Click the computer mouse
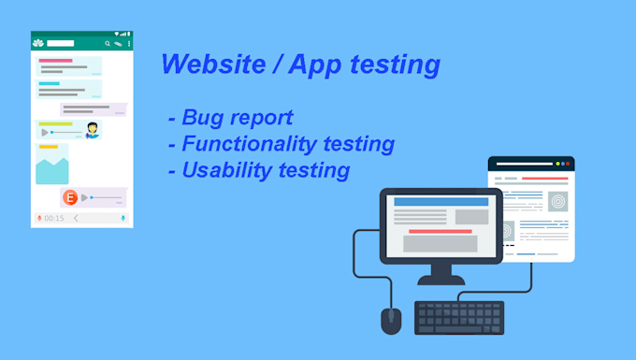[391, 320]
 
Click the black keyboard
[459, 317]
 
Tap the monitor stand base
[441, 278]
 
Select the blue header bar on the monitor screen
[441, 201]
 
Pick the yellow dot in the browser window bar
[558, 164]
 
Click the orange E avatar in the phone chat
[69, 197]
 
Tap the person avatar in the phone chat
[93, 131]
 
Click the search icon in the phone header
[108, 43]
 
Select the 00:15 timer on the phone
[54, 218]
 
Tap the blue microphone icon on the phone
[123, 218]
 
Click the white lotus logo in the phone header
[38, 43]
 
